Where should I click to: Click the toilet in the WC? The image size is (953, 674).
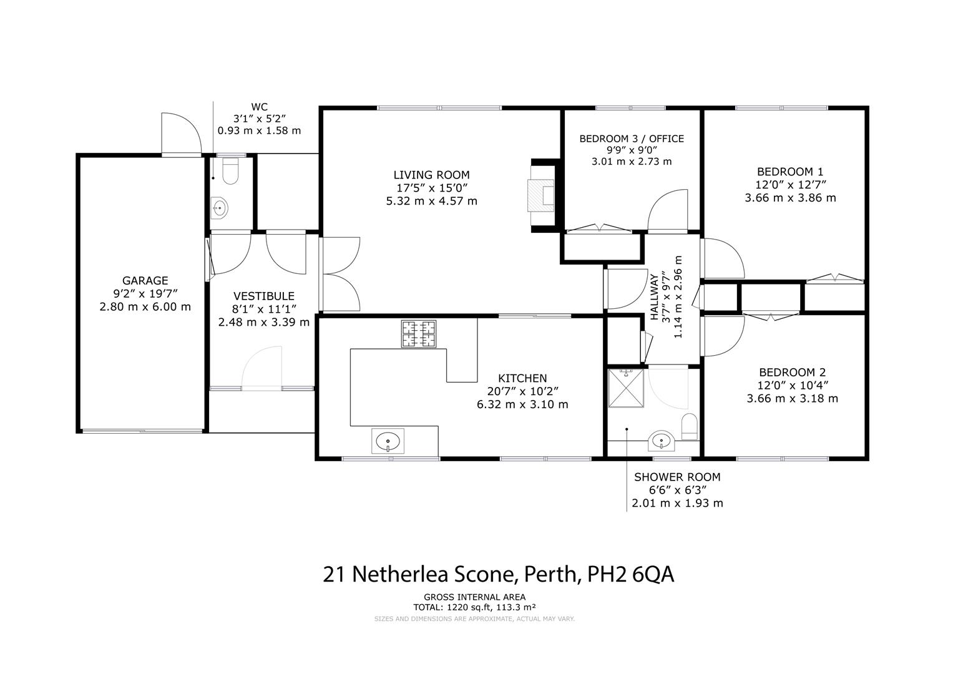pyautogui.click(x=230, y=171)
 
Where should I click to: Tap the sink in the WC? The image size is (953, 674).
pyautogui.click(x=220, y=208)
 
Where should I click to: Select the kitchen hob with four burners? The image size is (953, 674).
pyautogui.click(x=419, y=334)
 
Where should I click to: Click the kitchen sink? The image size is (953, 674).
pyautogui.click(x=388, y=441)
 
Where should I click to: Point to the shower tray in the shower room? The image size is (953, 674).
pyautogui.click(x=626, y=388)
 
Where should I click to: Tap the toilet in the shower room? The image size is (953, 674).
pyautogui.click(x=689, y=426)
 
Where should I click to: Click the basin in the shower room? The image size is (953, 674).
pyautogui.click(x=661, y=441)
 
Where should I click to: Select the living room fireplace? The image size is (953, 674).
pyautogui.click(x=541, y=195)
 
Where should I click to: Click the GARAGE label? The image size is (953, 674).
pyautogui.click(x=145, y=280)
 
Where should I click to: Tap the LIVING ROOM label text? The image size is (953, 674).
pyautogui.click(x=431, y=175)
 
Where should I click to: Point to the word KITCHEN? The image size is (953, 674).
pyautogui.click(x=522, y=378)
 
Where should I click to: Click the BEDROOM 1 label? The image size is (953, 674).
pyautogui.click(x=790, y=172)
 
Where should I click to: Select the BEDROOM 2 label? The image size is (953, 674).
pyautogui.click(x=792, y=373)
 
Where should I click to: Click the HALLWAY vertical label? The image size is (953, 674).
pyautogui.click(x=654, y=297)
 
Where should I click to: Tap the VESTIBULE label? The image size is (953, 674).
pyautogui.click(x=264, y=296)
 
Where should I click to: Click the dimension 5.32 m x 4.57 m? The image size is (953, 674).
pyautogui.click(x=431, y=201)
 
